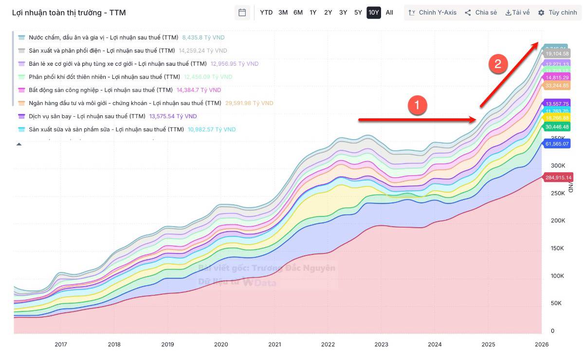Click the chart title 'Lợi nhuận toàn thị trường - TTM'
pos(69,13)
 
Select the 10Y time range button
pos(373,13)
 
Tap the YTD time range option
pos(266,13)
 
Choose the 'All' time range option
pos(389,13)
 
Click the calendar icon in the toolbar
pos(242,13)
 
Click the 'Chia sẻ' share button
pos(480,13)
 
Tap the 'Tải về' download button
pos(517,13)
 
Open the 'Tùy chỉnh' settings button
pos(557,13)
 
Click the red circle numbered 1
pos(417,105)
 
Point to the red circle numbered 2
pos(498,64)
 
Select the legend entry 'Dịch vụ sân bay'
pos(87,116)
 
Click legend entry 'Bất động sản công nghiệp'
pos(100,90)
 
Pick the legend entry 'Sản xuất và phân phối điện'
pos(101,51)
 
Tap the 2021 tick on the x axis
pos(274,344)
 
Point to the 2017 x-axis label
pos(61,344)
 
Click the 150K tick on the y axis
pos(557,249)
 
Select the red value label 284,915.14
pos(558,177)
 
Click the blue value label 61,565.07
pos(557,144)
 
